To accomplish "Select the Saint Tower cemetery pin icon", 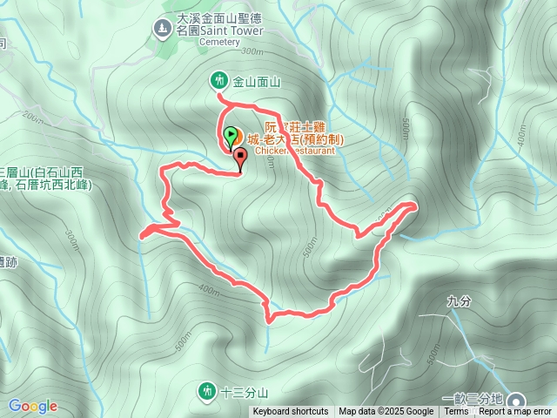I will tap(160, 29).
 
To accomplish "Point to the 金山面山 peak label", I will tap(256, 82).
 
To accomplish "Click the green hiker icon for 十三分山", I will tap(206, 390).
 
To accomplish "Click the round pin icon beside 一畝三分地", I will tap(520, 398).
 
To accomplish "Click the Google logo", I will tap(33, 406).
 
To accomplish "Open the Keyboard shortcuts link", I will tap(291, 412).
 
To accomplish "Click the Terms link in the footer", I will tap(456, 412).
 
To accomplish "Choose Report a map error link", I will tap(517, 412).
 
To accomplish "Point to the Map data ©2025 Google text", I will tap(386, 412).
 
